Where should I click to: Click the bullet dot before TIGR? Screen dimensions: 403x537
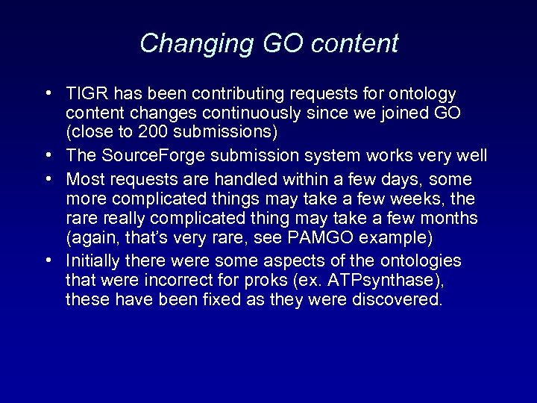coord(47,95)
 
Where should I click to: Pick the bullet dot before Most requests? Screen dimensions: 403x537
coord(47,179)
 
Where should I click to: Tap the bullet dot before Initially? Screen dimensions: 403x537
coord(47,261)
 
